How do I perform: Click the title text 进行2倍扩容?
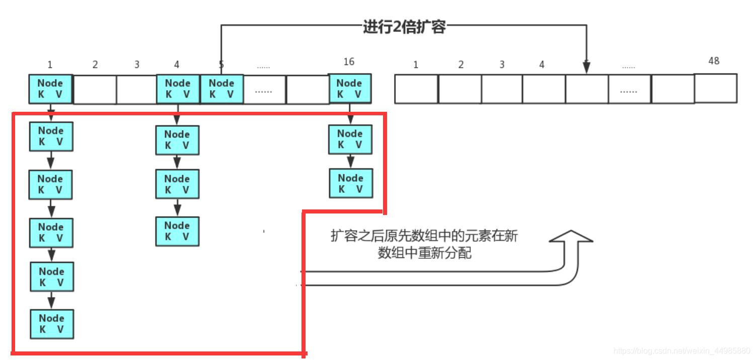(404, 27)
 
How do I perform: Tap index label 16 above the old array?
(349, 61)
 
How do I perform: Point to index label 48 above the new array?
(714, 61)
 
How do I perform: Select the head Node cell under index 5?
(221, 89)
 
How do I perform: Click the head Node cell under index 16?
(349, 89)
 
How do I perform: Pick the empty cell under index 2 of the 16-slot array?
(95, 90)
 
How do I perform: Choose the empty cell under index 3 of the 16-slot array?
(136, 90)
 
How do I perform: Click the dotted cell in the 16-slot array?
(264, 90)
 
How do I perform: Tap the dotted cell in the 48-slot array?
(629, 89)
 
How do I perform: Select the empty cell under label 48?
(715, 88)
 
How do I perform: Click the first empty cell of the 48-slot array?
(416, 89)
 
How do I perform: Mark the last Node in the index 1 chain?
(51, 324)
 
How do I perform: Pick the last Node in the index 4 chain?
(177, 231)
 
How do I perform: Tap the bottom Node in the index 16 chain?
(351, 183)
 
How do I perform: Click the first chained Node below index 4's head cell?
(177, 140)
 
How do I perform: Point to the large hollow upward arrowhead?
(571, 238)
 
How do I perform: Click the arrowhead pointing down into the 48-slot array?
(586, 68)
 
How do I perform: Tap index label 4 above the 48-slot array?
(542, 65)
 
